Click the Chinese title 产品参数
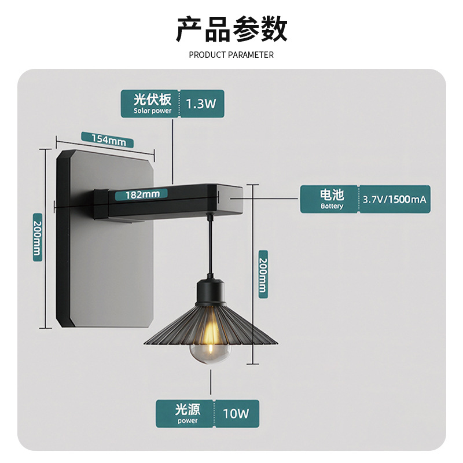pyautogui.click(x=231, y=30)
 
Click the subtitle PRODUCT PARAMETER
pyautogui.click(x=231, y=55)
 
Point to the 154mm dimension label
pyautogui.click(x=108, y=139)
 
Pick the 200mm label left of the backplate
pyautogui.click(x=37, y=237)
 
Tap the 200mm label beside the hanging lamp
pyautogui.click(x=263, y=274)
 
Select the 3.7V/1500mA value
pyautogui.click(x=395, y=200)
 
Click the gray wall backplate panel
pyautogui.click(x=110, y=266)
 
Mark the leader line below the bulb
pyautogui.click(x=210, y=382)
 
